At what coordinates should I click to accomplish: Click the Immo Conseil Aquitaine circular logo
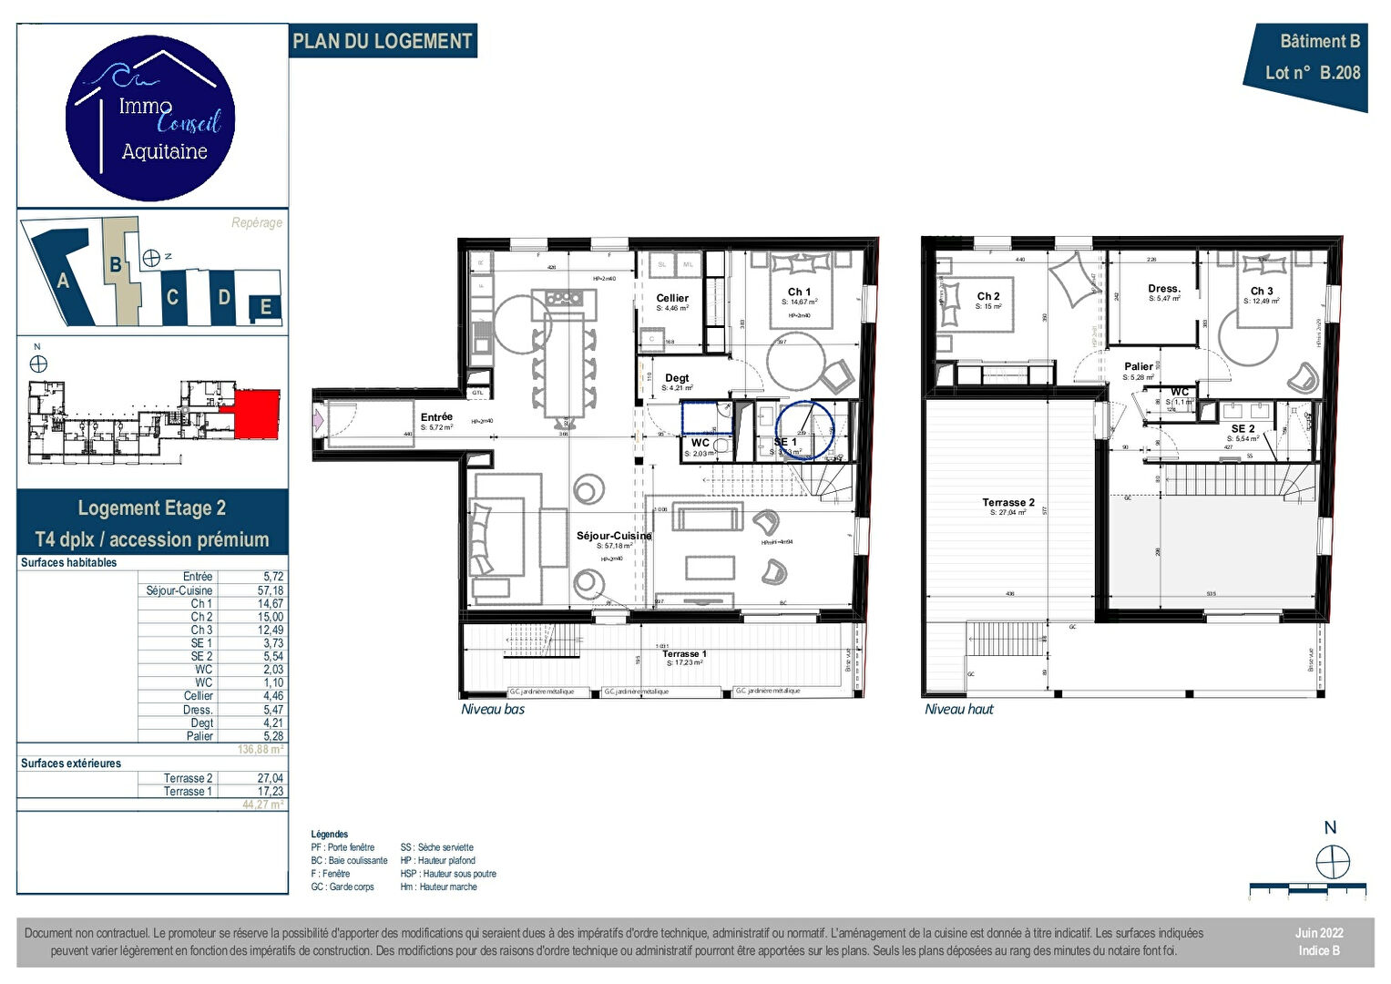[150, 118]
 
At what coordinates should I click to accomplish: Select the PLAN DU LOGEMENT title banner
[383, 42]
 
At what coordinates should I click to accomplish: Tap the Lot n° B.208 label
[1312, 73]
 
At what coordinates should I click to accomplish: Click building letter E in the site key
[266, 307]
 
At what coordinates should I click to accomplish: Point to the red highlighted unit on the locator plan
[257, 414]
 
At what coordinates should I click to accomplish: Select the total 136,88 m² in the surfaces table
[261, 750]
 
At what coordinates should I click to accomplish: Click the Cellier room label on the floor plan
[672, 298]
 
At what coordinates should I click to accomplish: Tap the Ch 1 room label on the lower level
[799, 292]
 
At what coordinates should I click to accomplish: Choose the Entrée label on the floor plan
[436, 417]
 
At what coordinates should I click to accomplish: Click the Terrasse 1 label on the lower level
[684, 653]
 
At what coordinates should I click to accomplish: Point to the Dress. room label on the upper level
[1163, 289]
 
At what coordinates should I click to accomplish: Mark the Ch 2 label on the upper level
[988, 296]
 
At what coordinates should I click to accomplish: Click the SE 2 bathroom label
[1243, 429]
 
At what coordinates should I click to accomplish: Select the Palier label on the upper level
[1138, 366]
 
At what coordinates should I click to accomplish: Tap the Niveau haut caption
[959, 710]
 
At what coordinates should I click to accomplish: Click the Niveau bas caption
[493, 710]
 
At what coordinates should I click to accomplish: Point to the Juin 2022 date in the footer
[1319, 933]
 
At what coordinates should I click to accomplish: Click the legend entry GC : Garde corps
[343, 887]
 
